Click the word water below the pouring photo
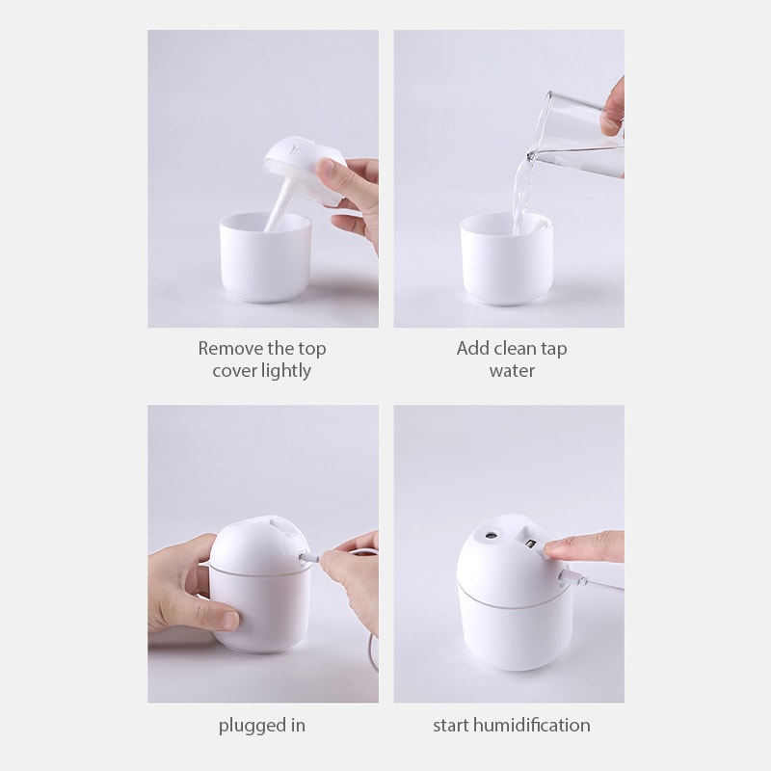pos(511,371)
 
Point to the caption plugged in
pos(262,725)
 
